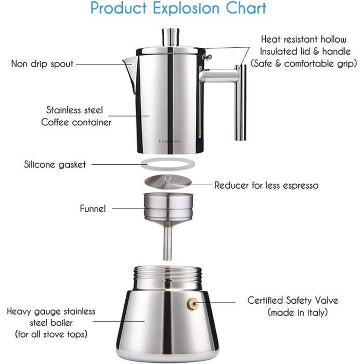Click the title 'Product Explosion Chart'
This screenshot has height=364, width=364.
pyautogui.click(x=178, y=9)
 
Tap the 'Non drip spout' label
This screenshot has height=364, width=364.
pyautogui.click(x=42, y=64)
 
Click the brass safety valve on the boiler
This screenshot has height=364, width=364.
pyautogui.click(x=193, y=303)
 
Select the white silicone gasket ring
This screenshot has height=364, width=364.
pyautogui.click(x=168, y=164)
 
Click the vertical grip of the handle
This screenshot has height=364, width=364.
pyautogui.click(x=240, y=102)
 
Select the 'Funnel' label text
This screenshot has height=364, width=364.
pyautogui.click(x=93, y=209)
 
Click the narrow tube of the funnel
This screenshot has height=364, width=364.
pyautogui.click(x=167, y=243)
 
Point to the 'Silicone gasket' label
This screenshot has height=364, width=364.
pyautogui.click(x=55, y=165)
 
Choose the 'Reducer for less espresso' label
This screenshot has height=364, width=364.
pyautogui.click(x=266, y=185)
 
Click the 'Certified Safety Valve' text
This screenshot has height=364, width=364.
pyautogui.click(x=293, y=301)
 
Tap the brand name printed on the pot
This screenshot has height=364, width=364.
pyautogui.click(x=170, y=141)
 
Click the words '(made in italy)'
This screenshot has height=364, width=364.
pyautogui.click(x=297, y=312)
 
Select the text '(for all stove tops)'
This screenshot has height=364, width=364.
pyautogui.click(x=51, y=334)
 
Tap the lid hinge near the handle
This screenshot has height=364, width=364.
pyautogui.click(x=207, y=57)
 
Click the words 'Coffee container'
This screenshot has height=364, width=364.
pyautogui.click(x=76, y=122)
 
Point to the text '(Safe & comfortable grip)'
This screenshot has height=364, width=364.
pyautogui.click(x=304, y=63)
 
